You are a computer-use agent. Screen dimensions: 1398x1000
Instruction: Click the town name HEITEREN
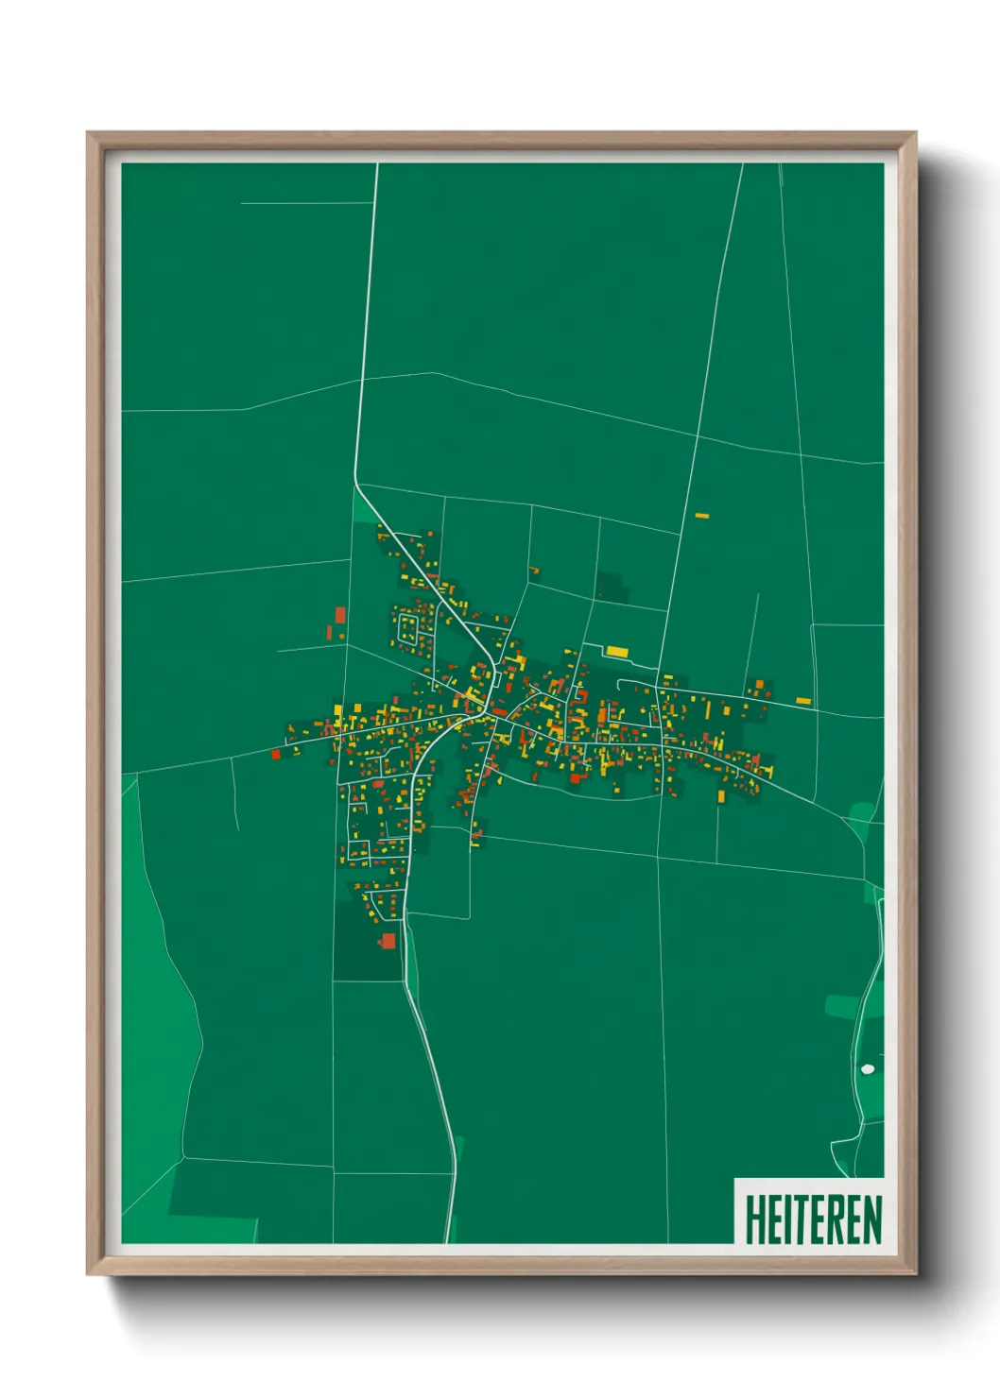point(813,1219)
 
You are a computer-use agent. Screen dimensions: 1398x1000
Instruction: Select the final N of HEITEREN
point(872,1219)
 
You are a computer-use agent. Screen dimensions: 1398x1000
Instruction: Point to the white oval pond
point(868,1068)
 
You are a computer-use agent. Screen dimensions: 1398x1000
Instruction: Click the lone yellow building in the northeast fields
point(701,516)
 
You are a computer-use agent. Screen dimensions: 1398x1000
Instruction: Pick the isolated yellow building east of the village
point(803,701)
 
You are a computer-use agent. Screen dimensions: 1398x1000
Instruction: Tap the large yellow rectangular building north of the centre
point(616,652)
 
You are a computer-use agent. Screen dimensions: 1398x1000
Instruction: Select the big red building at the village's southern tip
point(388,940)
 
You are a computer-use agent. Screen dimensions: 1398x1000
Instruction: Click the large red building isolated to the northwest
point(340,615)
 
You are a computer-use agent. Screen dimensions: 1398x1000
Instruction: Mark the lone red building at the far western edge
point(276,754)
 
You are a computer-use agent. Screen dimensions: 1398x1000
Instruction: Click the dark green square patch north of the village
point(612,586)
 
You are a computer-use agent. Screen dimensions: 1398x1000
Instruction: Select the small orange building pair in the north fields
point(534,570)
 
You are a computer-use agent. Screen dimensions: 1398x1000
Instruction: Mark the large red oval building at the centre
point(500,711)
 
